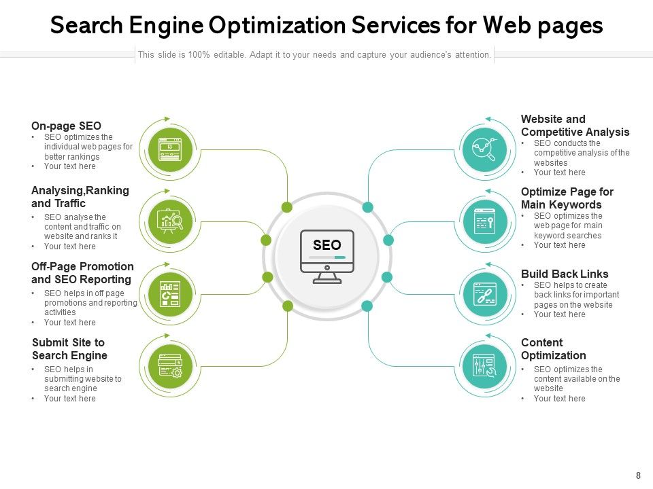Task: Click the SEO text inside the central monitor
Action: (326, 245)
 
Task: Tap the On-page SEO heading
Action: (66, 126)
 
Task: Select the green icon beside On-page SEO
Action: (170, 148)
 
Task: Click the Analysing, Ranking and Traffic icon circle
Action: (170, 220)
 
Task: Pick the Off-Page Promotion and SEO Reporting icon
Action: (170, 293)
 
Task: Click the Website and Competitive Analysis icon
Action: (484, 148)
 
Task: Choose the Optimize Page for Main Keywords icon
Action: (484, 221)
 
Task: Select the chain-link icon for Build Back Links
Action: (484, 293)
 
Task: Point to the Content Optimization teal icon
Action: (484, 366)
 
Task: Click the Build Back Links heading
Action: (565, 274)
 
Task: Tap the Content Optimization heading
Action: (553, 349)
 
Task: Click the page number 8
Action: (638, 476)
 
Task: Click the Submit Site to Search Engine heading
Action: (69, 349)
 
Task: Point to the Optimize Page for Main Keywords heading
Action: (567, 198)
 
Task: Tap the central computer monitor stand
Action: (327, 277)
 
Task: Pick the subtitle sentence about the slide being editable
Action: (314, 54)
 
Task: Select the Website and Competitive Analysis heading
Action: (575, 126)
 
